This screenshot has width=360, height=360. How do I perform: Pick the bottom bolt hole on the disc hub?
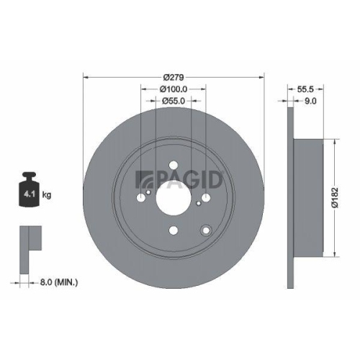pos(173,230)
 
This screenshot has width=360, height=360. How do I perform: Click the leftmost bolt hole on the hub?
pos(140,198)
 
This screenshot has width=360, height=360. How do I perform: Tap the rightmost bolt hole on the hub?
pos(206,198)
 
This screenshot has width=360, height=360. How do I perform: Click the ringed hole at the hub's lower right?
pos(207,230)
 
